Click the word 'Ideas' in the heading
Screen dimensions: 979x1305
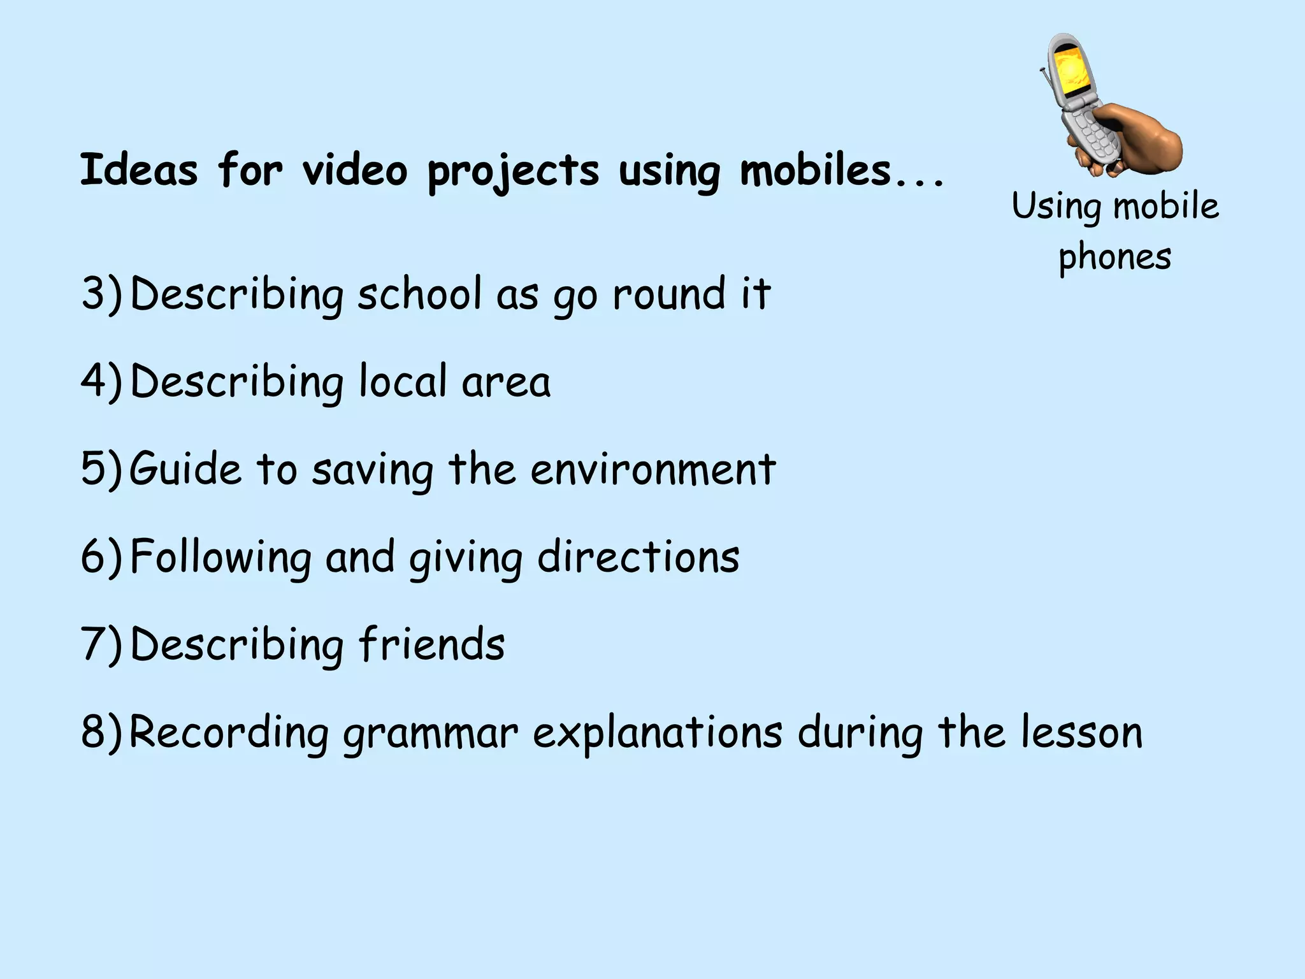[x=138, y=170]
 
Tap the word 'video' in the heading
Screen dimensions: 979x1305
[x=354, y=170]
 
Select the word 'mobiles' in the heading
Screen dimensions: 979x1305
[x=815, y=170]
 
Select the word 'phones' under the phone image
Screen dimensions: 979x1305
[x=1114, y=257]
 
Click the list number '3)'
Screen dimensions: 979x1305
[x=101, y=294]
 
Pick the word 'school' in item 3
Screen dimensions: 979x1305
[x=419, y=294]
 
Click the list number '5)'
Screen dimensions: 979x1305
[x=101, y=469]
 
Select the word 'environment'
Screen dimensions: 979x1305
[x=653, y=469]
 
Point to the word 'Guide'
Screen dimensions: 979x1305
[x=185, y=469]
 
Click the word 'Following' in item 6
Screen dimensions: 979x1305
[x=220, y=556]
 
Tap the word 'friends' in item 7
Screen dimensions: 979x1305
[x=431, y=644]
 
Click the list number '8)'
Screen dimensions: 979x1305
[x=101, y=732]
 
